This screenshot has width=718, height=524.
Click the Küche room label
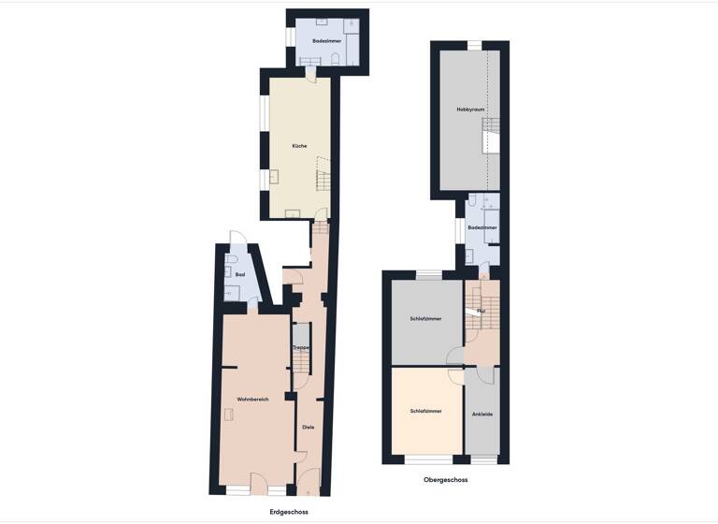point(299,146)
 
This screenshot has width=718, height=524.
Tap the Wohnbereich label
point(252,400)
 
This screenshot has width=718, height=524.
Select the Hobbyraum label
point(470,109)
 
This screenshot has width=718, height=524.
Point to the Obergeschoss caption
point(446,480)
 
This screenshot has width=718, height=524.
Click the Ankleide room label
point(483,415)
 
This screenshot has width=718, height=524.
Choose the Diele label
point(308,428)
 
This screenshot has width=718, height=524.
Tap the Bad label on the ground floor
point(240,274)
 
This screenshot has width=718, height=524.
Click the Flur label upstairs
point(481,310)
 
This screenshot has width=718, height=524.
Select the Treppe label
point(300,347)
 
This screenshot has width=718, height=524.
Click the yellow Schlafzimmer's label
point(425,411)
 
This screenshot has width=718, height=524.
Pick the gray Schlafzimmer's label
point(425,319)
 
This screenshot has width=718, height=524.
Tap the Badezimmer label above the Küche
point(326,42)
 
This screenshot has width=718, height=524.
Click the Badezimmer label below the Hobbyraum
point(481,227)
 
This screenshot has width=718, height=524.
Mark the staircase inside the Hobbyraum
point(492,138)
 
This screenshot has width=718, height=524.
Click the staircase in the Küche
point(323,176)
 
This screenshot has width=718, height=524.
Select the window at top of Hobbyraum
point(475,44)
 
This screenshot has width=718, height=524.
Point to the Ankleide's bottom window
point(483,460)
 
